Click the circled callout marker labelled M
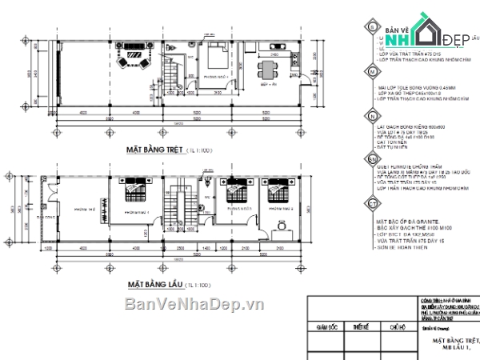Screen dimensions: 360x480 point(374,72)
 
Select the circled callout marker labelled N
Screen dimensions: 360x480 point(374,116)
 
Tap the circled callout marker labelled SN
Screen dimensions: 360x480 point(374,161)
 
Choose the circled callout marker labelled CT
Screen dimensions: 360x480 point(374,206)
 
